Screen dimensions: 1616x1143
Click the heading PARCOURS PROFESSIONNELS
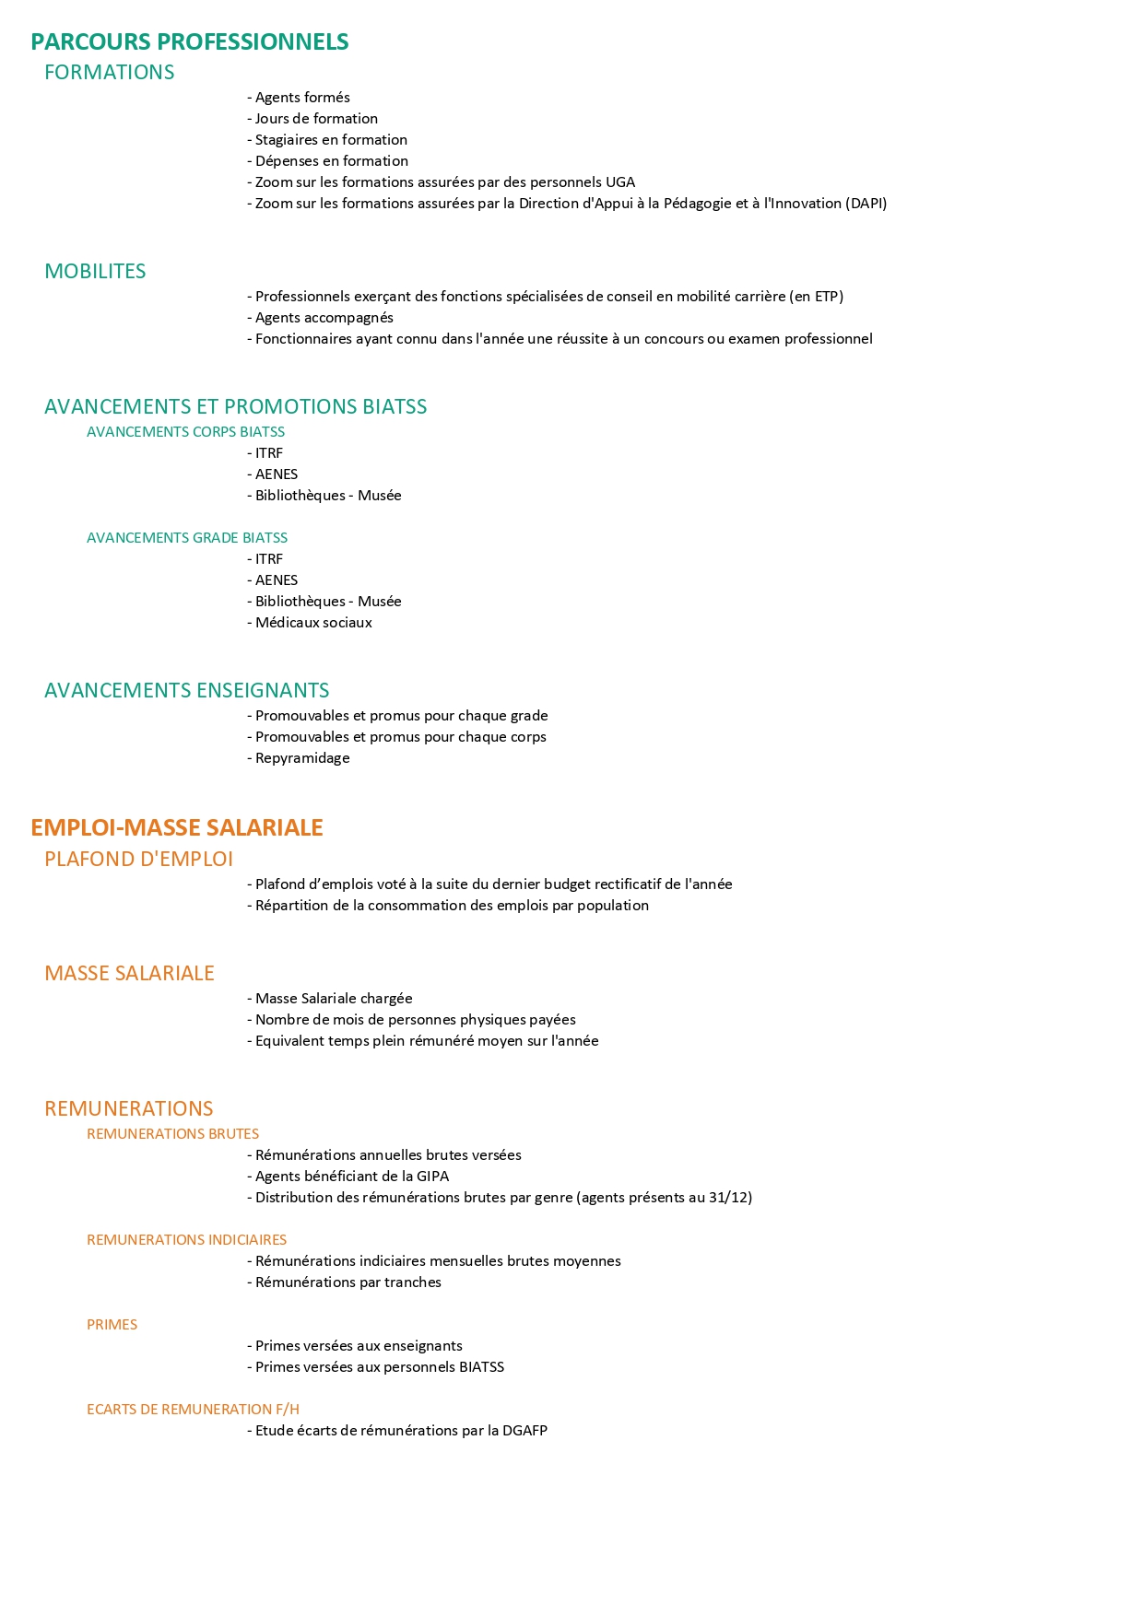[x=189, y=42]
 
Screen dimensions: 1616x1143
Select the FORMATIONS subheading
[x=109, y=73]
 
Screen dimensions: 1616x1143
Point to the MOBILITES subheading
[x=95, y=272]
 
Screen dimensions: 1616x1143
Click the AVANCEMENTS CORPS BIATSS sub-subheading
[x=185, y=432]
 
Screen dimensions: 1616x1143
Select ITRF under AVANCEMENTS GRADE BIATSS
[x=268, y=559]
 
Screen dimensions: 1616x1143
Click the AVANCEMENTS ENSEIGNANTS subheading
[x=186, y=691]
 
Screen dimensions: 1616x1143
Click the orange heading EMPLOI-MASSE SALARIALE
[x=176, y=828]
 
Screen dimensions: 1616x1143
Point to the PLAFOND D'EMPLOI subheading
[x=138, y=860]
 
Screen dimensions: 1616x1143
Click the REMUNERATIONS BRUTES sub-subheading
[x=172, y=1134]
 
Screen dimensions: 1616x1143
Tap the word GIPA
[x=432, y=1177]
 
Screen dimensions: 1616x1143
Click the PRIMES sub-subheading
[x=112, y=1325]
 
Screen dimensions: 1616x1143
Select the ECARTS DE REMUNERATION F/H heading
[x=193, y=1410]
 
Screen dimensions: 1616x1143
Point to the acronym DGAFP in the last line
[x=524, y=1431]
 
